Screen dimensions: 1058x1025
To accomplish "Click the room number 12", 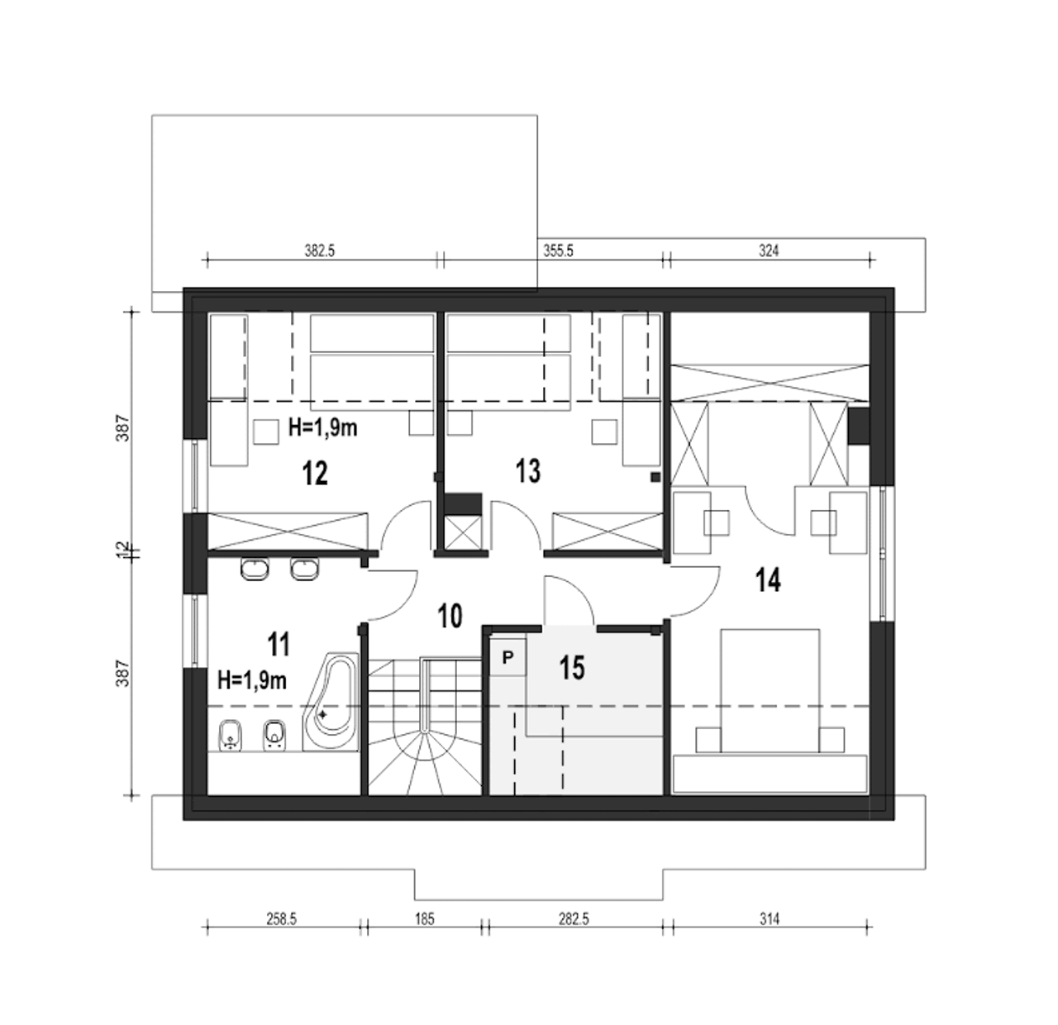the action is click(x=315, y=473).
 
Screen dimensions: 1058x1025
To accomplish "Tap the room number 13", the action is click(x=528, y=471).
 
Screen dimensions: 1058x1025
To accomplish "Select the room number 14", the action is click(x=768, y=579).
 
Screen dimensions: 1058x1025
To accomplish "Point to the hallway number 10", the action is click(x=450, y=617).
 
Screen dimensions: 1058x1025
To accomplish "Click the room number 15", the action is click(x=572, y=668).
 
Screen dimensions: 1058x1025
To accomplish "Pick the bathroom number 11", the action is click(x=279, y=645).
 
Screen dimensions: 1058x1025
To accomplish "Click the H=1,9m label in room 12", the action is click(x=323, y=428).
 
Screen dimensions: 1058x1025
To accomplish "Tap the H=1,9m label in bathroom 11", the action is click(x=252, y=680).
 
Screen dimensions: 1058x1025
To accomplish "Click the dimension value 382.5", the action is click(x=320, y=250).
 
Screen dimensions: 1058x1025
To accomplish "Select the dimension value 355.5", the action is click(x=559, y=250).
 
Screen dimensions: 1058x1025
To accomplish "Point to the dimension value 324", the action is click(x=769, y=250).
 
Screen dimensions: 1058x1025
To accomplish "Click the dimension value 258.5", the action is click(x=282, y=919).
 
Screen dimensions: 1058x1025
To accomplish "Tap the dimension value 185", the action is click(x=425, y=919).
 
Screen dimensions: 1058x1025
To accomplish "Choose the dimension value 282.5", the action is click(x=574, y=919).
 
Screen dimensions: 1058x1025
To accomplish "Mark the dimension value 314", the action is click(x=770, y=919).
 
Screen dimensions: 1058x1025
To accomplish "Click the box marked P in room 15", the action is click(x=508, y=657).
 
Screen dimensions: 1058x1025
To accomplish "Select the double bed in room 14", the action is click(x=770, y=694).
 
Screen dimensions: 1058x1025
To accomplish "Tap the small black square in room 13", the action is click(x=655, y=477).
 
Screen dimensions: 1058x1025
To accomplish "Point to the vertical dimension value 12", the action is click(x=123, y=549).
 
